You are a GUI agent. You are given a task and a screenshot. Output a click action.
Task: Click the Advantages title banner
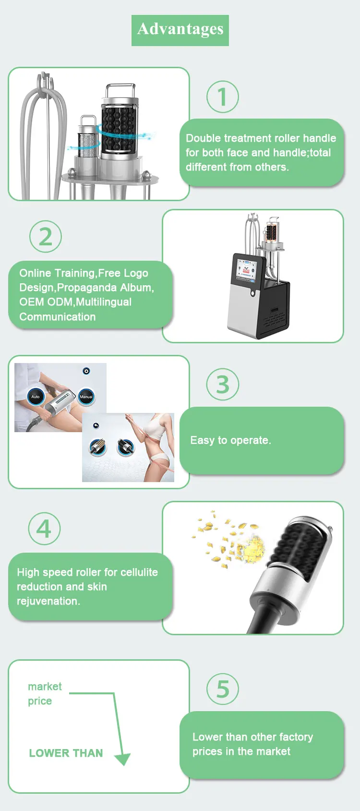point(180,30)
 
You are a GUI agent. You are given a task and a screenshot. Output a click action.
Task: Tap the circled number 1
point(223,97)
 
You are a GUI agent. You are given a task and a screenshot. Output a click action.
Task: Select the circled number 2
point(46,236)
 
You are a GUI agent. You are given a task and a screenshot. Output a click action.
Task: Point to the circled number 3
point(223,384)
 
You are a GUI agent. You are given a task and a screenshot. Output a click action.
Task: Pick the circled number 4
point(44,529)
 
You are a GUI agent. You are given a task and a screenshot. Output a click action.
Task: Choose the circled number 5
point(223,689)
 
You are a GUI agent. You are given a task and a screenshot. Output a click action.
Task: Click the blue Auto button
point(36,397)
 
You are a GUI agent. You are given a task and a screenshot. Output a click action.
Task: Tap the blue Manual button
point(86,397)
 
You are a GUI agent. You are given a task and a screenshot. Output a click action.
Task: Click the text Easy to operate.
point(230,440)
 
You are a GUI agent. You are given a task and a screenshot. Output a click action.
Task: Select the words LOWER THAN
point(66,753)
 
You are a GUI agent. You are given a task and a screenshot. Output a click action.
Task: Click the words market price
point(45,693)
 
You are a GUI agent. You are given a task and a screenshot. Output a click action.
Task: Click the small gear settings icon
point(86,371)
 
